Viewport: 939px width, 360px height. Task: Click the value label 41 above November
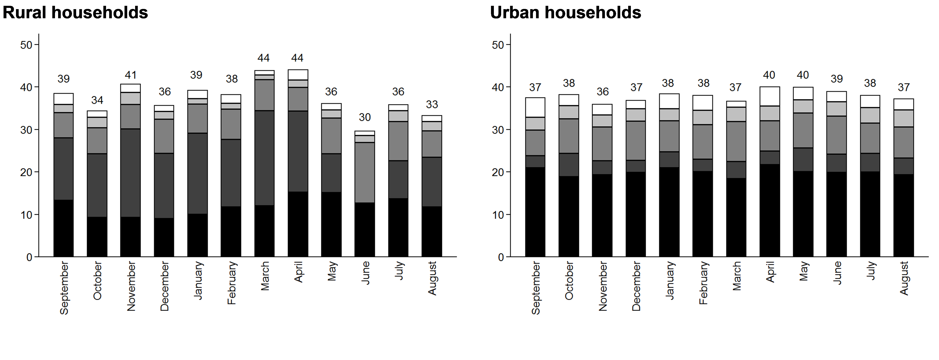131,75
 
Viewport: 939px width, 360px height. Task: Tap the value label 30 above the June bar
365,117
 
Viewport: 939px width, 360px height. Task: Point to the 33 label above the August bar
432,105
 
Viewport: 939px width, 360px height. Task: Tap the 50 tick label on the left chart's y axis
26,45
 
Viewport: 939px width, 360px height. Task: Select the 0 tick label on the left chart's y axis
29,257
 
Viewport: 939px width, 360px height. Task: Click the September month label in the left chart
64,288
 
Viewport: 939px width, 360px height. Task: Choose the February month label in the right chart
703,283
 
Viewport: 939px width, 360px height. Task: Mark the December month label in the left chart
164,286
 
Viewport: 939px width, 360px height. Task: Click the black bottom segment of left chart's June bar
365,229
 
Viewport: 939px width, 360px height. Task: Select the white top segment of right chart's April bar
769,96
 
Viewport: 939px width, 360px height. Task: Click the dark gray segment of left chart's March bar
264,157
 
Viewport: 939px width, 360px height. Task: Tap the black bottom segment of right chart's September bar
535,212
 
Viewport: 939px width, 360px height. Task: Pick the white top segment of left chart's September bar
63,99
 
